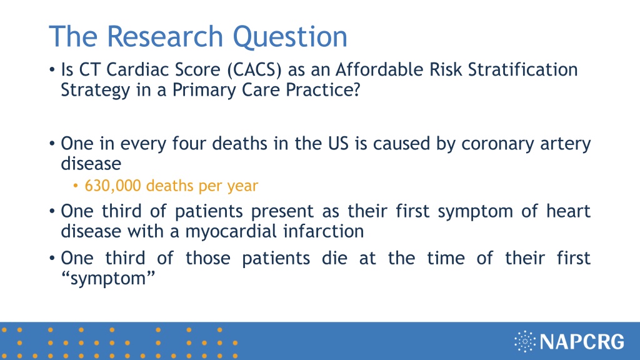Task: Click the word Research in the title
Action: [164, 37]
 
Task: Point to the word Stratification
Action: [523, 69]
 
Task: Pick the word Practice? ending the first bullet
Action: [323, 90]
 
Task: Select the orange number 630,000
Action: [112, 186]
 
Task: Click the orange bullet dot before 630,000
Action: [76, 186]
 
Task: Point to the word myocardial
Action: [231, 231]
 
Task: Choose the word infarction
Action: [323, 231]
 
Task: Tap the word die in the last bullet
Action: [335, 258]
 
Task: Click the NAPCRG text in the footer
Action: [582, 342]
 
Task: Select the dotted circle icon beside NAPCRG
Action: [525, 342]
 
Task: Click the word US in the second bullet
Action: [338, 144]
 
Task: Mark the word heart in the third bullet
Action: [568, 211]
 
